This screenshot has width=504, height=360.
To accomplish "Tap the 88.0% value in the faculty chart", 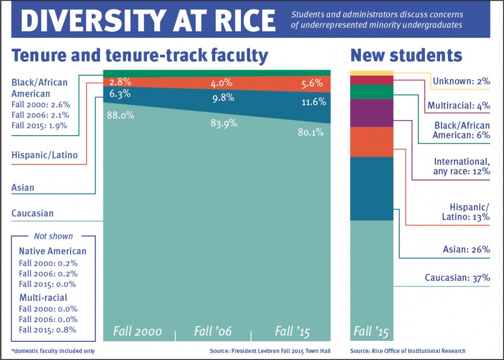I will (120, 115).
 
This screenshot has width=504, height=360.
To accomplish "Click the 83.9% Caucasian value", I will (223, 123).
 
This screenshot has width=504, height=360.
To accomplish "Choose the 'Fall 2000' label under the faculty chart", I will (138, 331).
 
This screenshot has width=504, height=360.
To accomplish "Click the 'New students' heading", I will (406, 55).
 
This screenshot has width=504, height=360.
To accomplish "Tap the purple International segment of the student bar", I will (371, 113).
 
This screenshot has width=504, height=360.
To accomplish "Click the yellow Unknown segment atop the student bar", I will (371, 73).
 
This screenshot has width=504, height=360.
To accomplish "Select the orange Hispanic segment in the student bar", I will (371, 142).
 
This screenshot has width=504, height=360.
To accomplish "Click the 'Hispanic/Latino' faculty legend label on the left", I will (44, 155).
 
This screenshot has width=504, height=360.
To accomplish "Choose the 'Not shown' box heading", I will (53, 236).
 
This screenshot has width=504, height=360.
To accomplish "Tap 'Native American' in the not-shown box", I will (52, 251).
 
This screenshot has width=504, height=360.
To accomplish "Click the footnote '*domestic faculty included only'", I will (52, 350).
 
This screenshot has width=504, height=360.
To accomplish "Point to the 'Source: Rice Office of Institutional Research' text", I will (408, 350).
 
